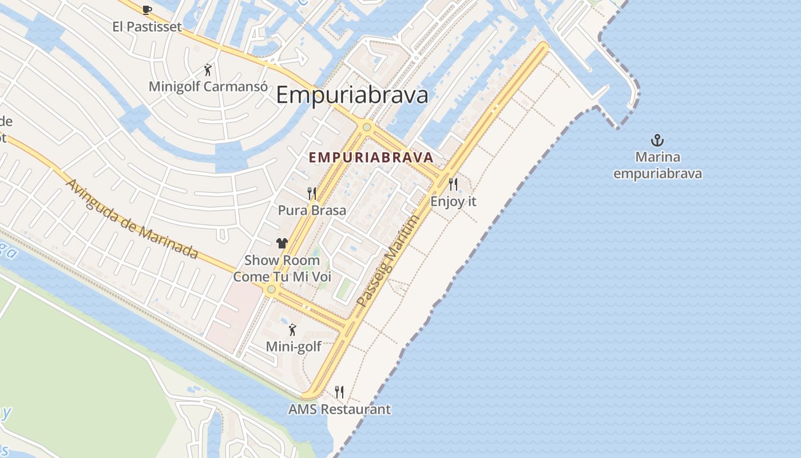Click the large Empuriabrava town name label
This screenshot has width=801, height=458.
tap(352, 95)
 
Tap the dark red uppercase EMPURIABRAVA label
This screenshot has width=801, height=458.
tap(371, 157)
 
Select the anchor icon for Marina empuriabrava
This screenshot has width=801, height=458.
tap(657, 140)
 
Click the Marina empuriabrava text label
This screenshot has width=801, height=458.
tap(657, 165)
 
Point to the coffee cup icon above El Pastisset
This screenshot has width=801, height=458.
tap(147, 10)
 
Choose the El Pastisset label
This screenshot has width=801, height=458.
tap(147, 26)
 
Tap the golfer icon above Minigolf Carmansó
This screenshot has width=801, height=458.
tap(208, 70)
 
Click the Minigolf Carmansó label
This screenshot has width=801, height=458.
tap(208, 86)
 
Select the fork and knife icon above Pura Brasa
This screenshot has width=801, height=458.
tap(312, 194)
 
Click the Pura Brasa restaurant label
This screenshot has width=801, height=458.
tap(312, 210)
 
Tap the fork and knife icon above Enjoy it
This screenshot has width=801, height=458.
tap(453, 184)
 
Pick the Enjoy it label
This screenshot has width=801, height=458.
tap(453, 202)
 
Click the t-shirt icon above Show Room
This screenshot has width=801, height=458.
tap(282, 243)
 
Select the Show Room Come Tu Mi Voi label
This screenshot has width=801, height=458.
tap(282, 268)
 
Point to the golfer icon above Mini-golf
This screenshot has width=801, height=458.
tap(293, 330)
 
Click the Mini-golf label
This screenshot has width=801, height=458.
tap(294, 346)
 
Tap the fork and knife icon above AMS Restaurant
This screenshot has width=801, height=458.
tap(339, 392)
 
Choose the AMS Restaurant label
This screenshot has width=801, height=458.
tap(339, 409)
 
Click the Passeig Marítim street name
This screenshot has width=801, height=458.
tap(388, 260)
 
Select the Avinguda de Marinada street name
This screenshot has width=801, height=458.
tap(132, 219)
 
